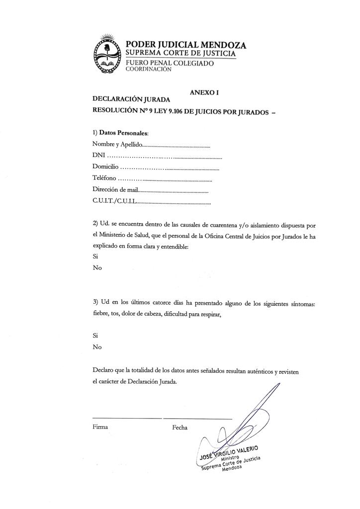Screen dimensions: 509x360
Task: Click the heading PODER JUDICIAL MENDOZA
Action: (185, 45)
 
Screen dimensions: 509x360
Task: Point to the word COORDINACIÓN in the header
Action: (149, 70)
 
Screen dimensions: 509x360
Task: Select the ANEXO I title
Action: (204, 92)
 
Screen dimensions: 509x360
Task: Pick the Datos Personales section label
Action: (124, 133)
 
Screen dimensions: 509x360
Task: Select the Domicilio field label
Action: (106, 168)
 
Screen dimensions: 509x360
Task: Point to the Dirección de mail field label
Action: (114, 191)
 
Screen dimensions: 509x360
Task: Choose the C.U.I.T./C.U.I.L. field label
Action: (114, 202)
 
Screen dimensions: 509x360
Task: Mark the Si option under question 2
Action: (95, 256)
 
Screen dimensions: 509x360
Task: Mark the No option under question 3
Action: (97, 347)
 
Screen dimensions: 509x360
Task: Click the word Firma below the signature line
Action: (100, 427)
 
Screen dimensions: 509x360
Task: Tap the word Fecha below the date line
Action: (180, 427)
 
